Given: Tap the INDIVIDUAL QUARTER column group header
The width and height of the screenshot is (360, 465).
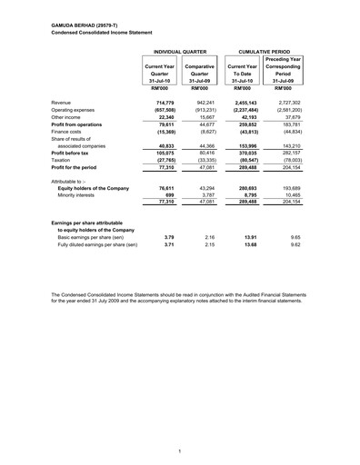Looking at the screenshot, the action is point(181,54).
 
